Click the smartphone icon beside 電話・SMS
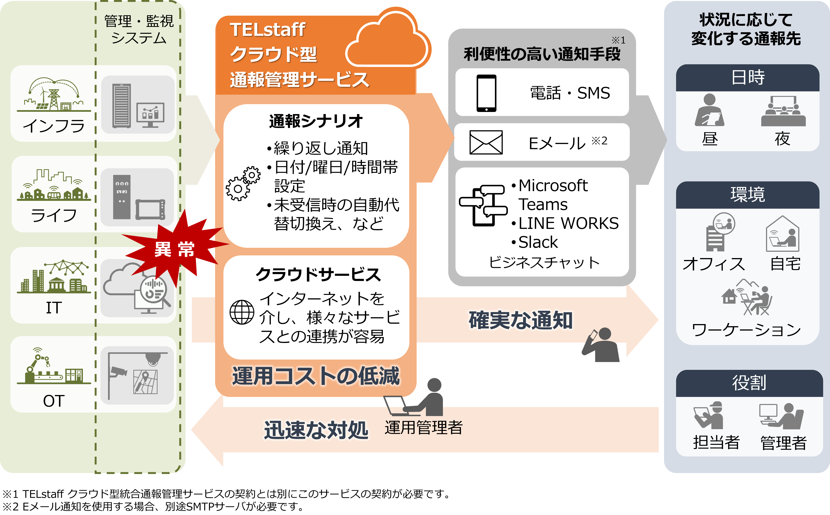tap(486, 93)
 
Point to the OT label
tap(54, 401)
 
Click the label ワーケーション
tap(747, 330)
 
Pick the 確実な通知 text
tap(520, 320)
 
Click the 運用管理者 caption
tap(423, 427)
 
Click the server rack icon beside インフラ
tap(121, 106)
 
